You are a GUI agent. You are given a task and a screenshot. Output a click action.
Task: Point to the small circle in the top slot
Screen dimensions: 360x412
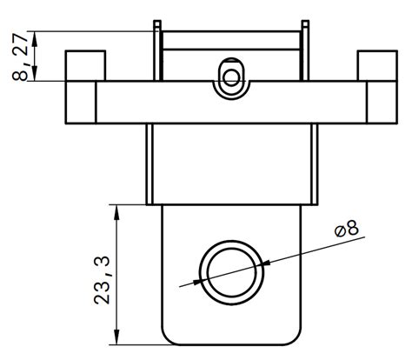[231, 77]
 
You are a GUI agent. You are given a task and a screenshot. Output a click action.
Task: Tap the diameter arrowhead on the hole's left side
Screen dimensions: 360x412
[196, 281]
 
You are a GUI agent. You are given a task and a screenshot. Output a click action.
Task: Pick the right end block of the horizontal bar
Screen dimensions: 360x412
[380, 103]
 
